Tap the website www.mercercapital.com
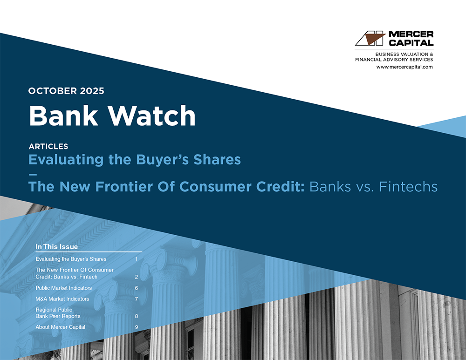pyautogui.click(x=404, y=67)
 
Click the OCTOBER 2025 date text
pyautogui.click(x=66, y=91)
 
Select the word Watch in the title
pyautogui.click(x=151, y=115)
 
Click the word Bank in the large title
pyautogui.click(x=63, y=115)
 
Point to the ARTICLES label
pyautogui.click(x=48, y=146)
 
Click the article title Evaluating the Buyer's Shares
pyautogui.click(x=135, y=159)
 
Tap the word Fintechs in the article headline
pyautogui.click(x=408, y=187)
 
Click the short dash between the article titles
pyautogui.click(x=33, y=174)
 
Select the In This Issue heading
pyautogui.click(x=57, y=247)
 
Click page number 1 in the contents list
pyautogui.click(x=137, y=259)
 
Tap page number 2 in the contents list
pyautogui.click(x=137, y=277)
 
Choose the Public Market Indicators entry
pyautogui.click(x=63, y=288)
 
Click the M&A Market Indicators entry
pyautogui.click(x=62, y=299)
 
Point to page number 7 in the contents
pyautogui.click(x=137, y=299)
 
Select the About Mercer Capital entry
pyautogui.click(x=60, y=327)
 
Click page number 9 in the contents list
pyautogui.click(x=137, y=327)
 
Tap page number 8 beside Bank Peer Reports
pyautogui.click(x=137, y=316)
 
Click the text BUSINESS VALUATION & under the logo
pyautogui.click(x=404, y=54)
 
